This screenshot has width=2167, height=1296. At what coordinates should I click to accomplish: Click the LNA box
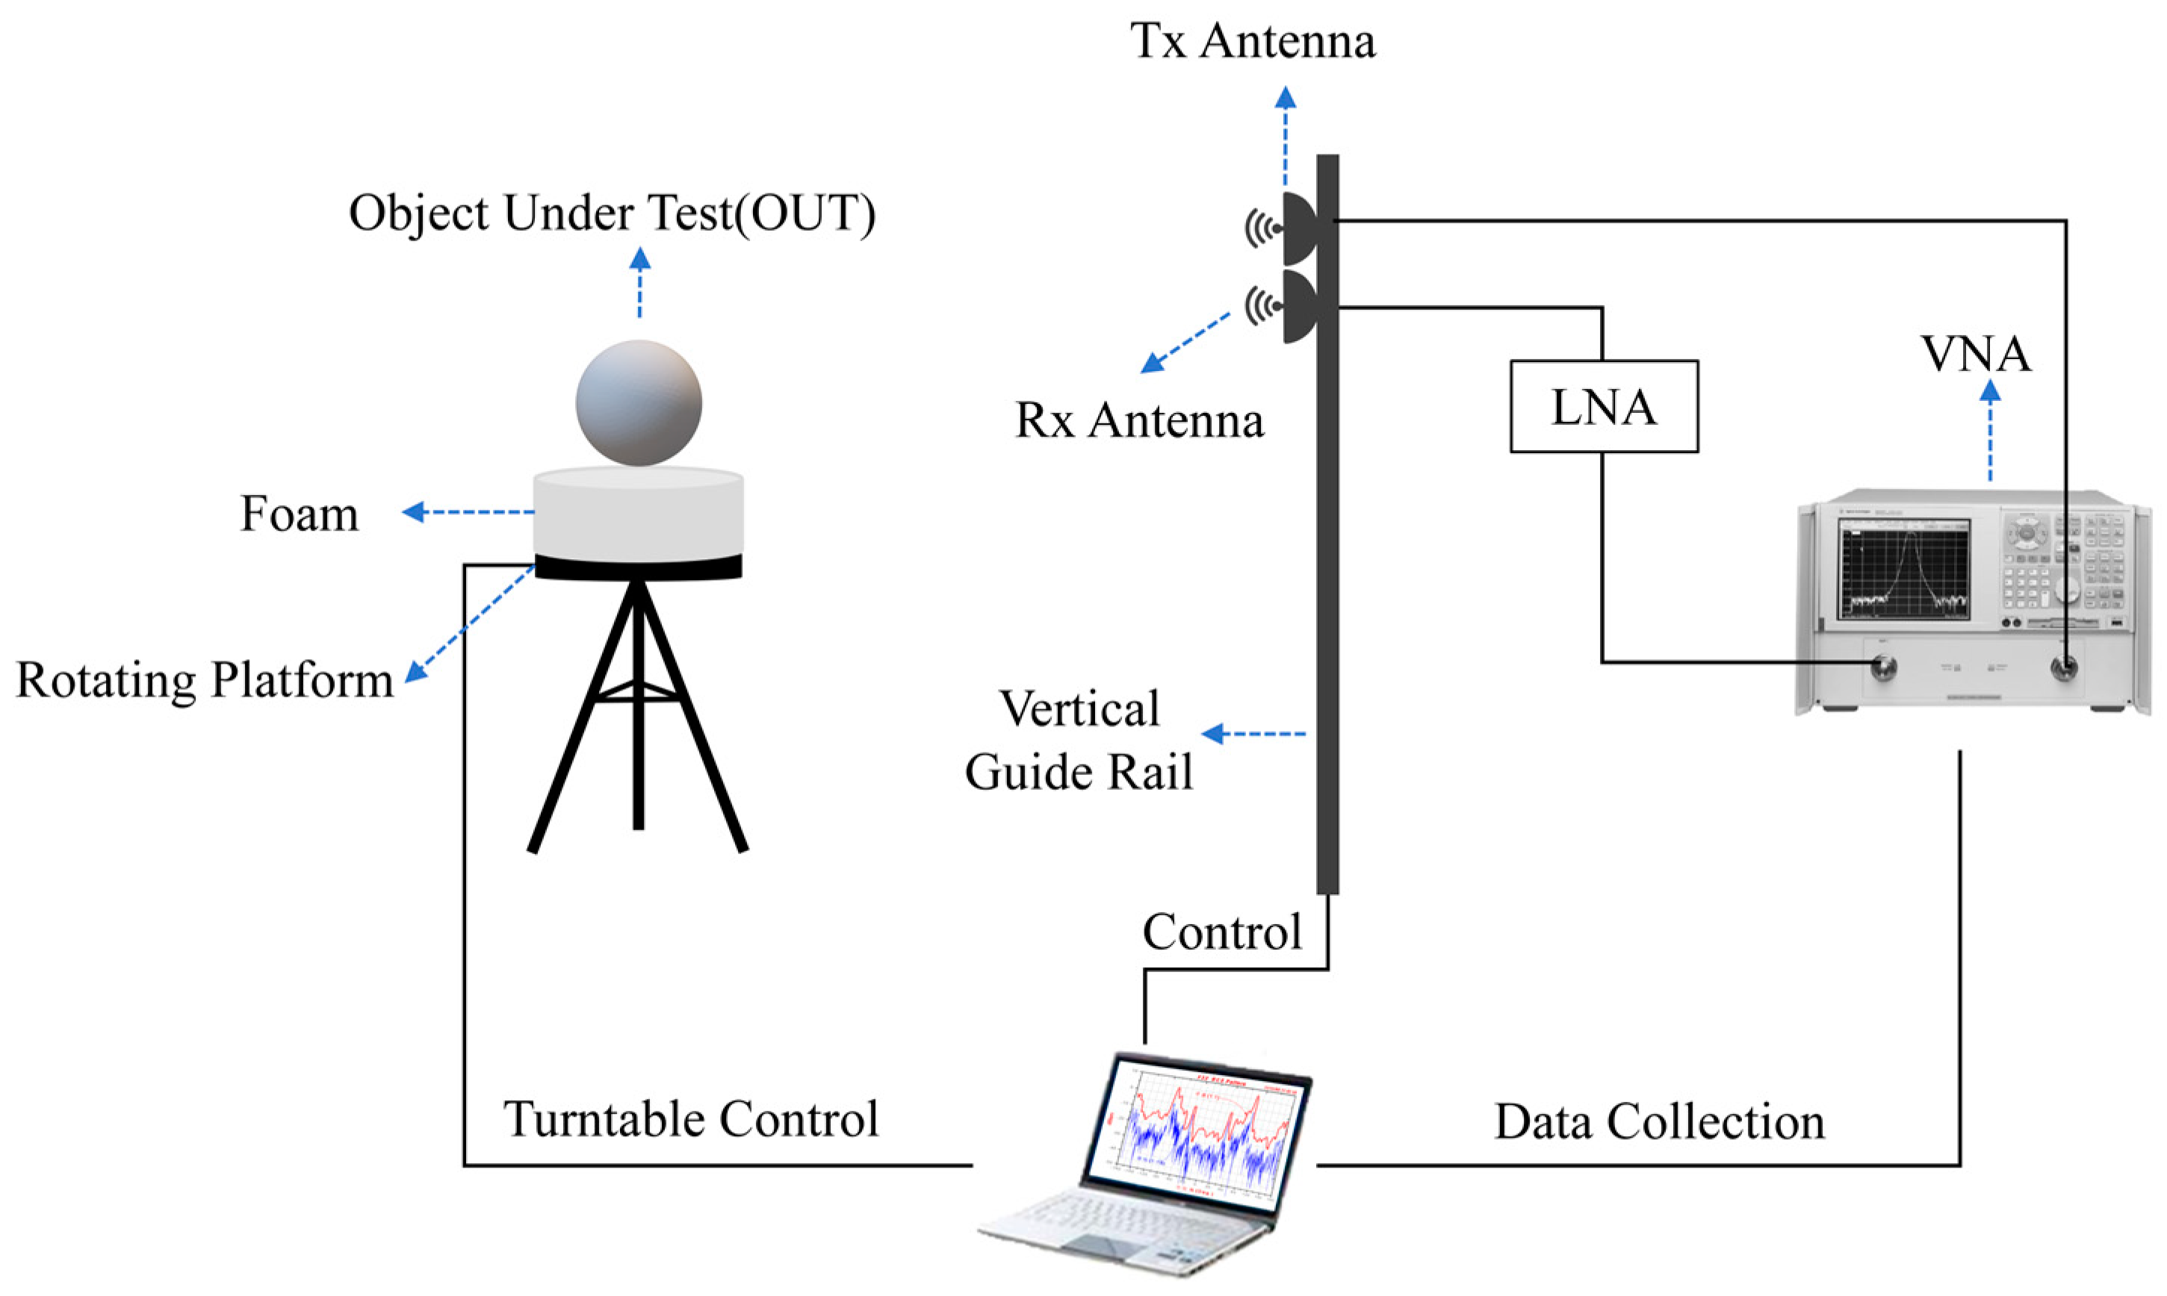click(x=1604, y=406)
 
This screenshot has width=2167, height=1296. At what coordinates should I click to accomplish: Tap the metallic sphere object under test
click(x=638, y=402)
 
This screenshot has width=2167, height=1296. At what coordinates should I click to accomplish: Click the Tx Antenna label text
click(x=1252, y=41)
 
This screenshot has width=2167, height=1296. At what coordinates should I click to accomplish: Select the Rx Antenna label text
click(x=1138, y=420)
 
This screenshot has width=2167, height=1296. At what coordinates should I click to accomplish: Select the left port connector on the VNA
click(x=1884, y=669)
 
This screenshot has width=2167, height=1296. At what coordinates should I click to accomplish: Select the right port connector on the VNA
click(x=2065, y=669)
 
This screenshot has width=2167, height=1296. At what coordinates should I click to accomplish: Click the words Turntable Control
click(x=690, y=1120)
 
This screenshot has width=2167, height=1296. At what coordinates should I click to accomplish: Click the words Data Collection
click(x=1659, y=1122)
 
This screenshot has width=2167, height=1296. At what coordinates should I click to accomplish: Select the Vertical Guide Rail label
click(x=1079, y=741)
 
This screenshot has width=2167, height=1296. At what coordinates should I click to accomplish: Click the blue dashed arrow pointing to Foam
click(x=468, y=512)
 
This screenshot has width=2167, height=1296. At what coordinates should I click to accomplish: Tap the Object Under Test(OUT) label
click(x=612, y=213)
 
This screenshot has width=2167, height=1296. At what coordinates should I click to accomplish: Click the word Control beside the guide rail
click(x=1221, y=932)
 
